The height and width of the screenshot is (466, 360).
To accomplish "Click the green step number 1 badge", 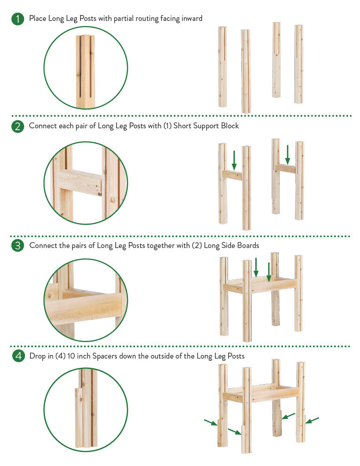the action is coord(18,19).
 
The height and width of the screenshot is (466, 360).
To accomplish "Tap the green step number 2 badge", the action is coord(18,127).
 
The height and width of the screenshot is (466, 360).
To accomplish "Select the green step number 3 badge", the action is coord(18,246).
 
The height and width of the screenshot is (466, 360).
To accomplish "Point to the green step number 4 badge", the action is coord(18,356).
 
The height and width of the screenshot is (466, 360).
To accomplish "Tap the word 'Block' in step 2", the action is coord(230,126).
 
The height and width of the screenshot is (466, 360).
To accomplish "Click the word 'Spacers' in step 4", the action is coord(105,356).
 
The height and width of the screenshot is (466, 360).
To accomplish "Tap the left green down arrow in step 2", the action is coord(234,160).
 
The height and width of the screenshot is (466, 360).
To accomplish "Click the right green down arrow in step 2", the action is coord(288,155).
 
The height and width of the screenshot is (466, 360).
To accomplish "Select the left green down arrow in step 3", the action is coord(256,267).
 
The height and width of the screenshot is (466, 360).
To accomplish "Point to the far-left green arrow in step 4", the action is coord(211,422).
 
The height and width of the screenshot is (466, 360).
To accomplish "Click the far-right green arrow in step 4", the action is coord(312,420).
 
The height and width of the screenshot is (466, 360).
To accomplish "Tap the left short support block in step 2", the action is coord(233,175).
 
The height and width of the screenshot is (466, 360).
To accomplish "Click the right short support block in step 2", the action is coord(286,168).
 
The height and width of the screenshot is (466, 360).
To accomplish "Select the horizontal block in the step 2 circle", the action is coord(80,182).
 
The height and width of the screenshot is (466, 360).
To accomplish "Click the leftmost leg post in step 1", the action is coord(223,67).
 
